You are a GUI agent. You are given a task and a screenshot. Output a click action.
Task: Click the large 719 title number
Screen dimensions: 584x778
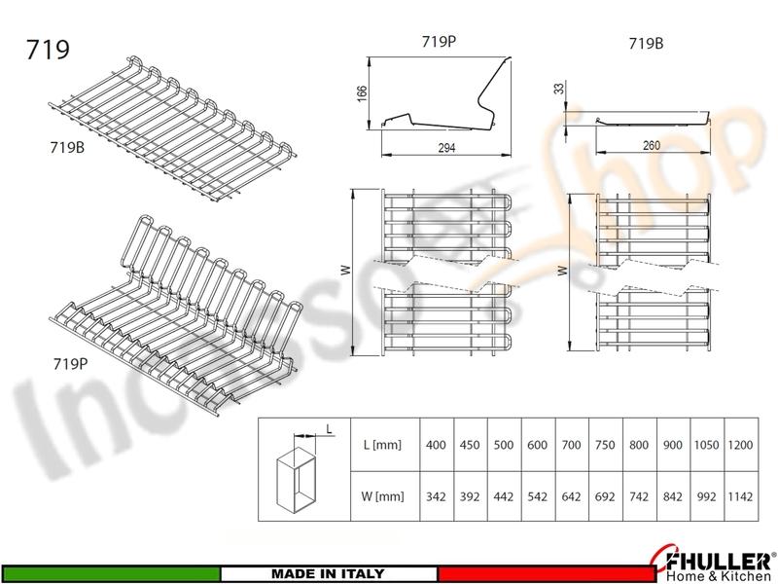pos(49,50)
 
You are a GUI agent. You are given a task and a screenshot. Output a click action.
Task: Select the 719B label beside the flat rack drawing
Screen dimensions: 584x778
pos(69,150)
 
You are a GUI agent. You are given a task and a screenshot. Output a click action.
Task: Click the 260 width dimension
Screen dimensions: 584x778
pos(652,146)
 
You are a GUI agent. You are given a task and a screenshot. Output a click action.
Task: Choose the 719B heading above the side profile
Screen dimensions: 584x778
pos(646,42)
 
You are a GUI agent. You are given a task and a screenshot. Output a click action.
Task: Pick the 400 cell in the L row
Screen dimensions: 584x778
pos(437,445)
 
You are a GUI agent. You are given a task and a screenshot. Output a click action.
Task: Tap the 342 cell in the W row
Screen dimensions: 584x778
pos(437,495)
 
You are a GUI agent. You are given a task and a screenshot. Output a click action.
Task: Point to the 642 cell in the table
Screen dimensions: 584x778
pos(571,495)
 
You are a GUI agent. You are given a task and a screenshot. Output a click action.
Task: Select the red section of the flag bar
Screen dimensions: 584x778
pos(540,573)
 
